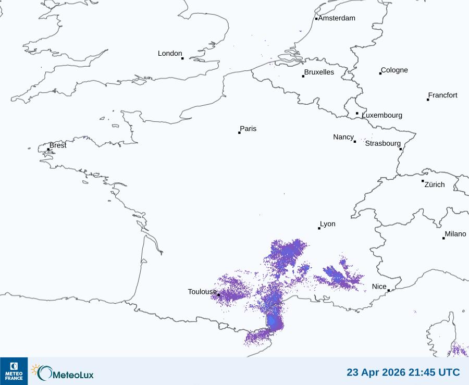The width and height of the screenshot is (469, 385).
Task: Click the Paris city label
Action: pos(248,129)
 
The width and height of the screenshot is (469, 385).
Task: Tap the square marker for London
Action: pos(182,58)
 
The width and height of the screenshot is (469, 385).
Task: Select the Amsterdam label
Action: pos(337,18)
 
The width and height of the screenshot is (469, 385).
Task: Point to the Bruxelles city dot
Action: pos(303,76)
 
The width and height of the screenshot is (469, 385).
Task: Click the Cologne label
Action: pos(394,70)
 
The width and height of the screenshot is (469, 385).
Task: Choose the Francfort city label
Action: pos(443,95)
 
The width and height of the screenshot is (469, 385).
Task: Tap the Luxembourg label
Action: pos(382,115)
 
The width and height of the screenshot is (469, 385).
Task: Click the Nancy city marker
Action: pos(355,141)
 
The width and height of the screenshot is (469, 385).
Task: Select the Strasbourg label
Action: pos(383,143)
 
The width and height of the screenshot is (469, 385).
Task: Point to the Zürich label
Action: pos(435,184)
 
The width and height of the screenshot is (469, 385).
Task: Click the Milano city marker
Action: pos(444,238)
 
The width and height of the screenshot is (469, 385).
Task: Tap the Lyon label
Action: pos(328,224)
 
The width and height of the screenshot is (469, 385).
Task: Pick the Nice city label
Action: pos(379,287)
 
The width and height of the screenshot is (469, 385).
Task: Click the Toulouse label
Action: pos(202,292)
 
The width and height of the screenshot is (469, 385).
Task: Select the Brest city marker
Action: pos(48,150)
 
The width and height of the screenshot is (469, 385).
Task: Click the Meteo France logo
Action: pos(14,371)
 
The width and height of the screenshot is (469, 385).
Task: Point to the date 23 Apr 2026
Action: pos(372,372)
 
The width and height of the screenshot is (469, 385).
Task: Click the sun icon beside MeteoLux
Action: pos(35,370)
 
